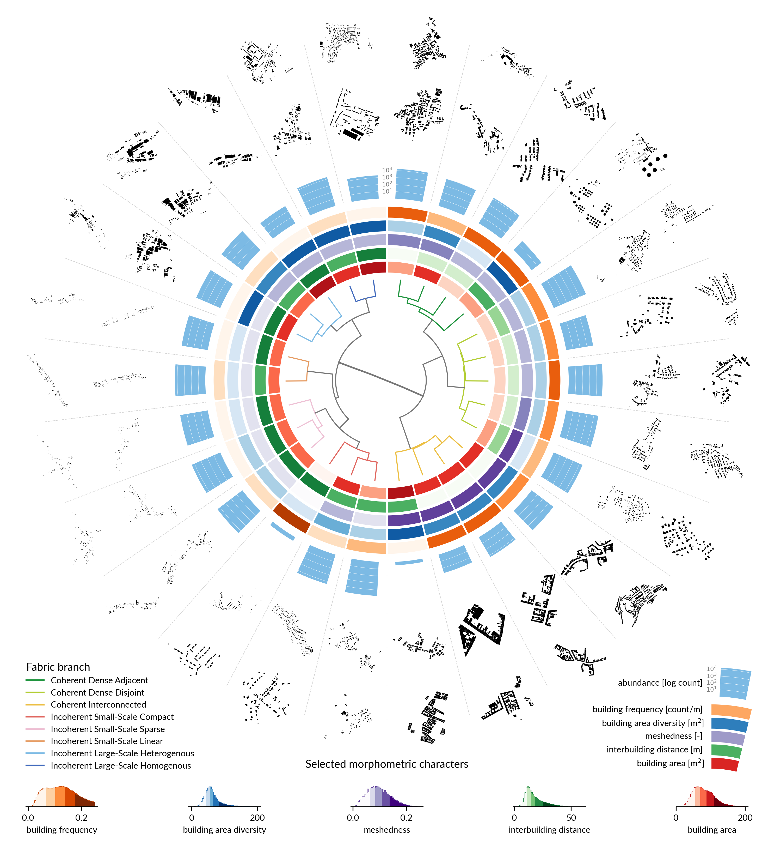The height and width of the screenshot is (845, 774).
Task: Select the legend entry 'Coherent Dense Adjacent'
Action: tap(99, 680)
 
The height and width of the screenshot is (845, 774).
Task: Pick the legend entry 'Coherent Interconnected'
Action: tap(99, 705)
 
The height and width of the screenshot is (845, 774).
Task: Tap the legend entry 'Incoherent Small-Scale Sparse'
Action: tap(108, 729)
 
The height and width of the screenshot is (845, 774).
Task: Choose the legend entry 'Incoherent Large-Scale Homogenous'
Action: tap(121, 765)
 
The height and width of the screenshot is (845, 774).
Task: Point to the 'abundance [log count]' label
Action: tap(660, 683)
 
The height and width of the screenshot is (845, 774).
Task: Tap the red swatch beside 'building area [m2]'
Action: tap(724, 764)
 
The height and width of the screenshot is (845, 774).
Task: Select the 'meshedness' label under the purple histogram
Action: tap(386, 830)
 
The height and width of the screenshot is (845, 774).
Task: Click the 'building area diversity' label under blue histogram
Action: tap(224, 830)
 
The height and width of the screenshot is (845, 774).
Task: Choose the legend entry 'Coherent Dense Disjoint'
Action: tap(97, 692)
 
